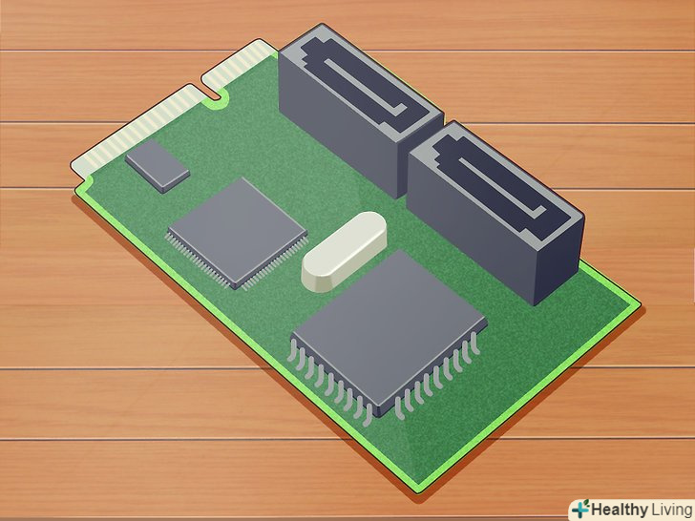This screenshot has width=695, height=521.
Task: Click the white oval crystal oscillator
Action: pos(344,251)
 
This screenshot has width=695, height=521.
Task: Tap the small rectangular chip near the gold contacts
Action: pos(158,166)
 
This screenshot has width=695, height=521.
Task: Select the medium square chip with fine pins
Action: pos(238,234)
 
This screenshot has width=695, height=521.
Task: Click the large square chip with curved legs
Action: pos(388,335)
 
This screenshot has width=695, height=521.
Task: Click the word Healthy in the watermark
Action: pos(620,509)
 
